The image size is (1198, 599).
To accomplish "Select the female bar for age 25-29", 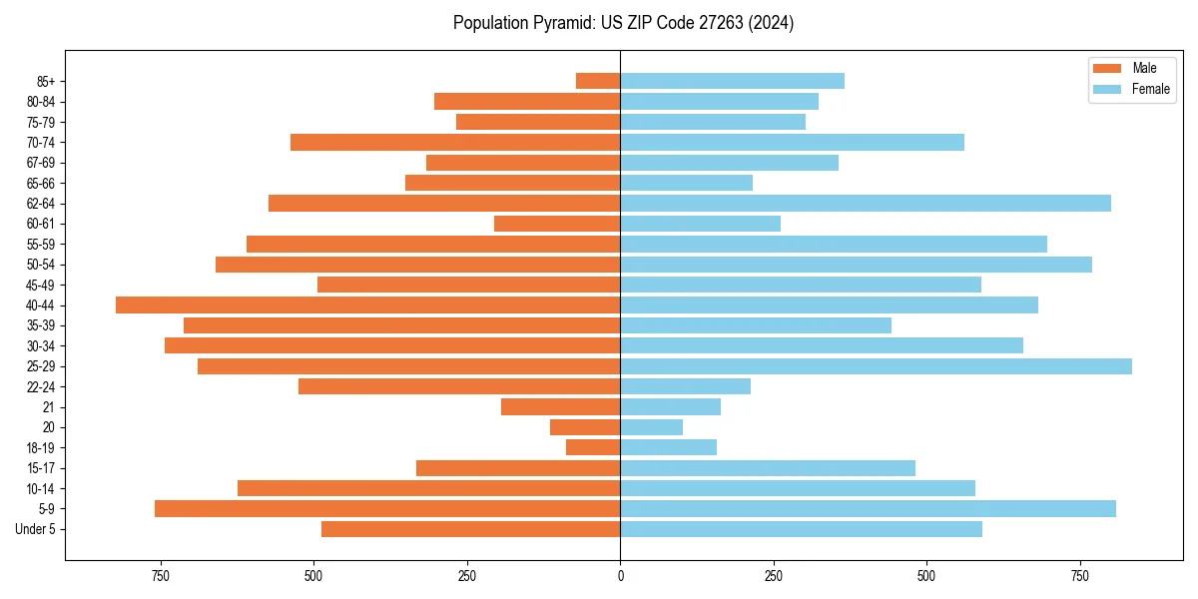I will (x=876, y=366).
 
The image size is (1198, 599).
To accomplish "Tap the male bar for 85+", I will (x=598, y=81).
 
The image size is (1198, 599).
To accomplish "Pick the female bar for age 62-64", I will (x=866, y=204).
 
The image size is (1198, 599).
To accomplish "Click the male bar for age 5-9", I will (x=387, y=509).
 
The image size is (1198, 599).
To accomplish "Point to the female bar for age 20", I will (x=652, y=427).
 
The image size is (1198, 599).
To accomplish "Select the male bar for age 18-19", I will (x=593, y=448).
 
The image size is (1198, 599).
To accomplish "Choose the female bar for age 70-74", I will (x=792, y=143).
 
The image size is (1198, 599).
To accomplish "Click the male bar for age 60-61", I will (x=557, y=224).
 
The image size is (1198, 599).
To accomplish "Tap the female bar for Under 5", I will (x=801, y=529).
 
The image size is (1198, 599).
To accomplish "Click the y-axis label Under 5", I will (x=36, y=529).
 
